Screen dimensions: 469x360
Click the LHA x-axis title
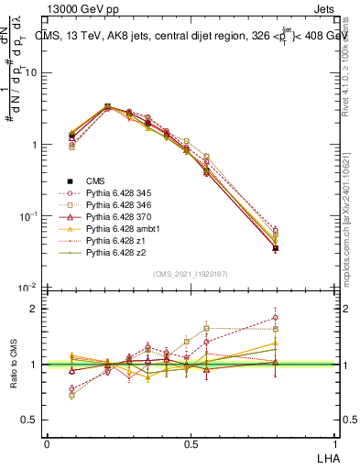click(x=326, y=455)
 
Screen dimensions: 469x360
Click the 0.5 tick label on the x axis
click(x=190, y=443)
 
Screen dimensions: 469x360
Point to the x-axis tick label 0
click(x=47, y=443)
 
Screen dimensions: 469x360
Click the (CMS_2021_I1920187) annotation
click(x=190, y=273)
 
